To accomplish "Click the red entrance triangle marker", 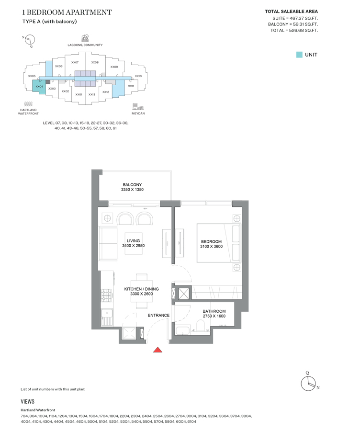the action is tap(157, 350).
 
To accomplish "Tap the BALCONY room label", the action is tap(132, 185).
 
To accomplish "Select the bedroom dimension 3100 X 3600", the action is tap(211, 246).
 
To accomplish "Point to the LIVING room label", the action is tap(133, 241).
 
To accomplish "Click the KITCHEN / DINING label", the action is tap(142, 289).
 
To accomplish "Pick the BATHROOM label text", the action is tap(214, 311).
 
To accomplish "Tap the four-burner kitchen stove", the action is tap(107, 295).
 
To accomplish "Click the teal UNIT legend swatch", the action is tap(299, 55).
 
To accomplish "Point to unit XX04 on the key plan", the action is tap(39, 86).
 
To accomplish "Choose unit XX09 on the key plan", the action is tap(114, 67).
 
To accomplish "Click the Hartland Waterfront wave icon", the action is tap(28, 104).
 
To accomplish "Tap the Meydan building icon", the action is tap(138, 107).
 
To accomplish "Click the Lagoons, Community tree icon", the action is tap(85, 38).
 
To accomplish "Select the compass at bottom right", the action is tap(309, 382).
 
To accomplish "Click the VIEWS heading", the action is tap(27, 402).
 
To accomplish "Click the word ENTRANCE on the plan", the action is tap(158, 315).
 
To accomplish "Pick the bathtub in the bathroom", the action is tap(183, 330).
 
